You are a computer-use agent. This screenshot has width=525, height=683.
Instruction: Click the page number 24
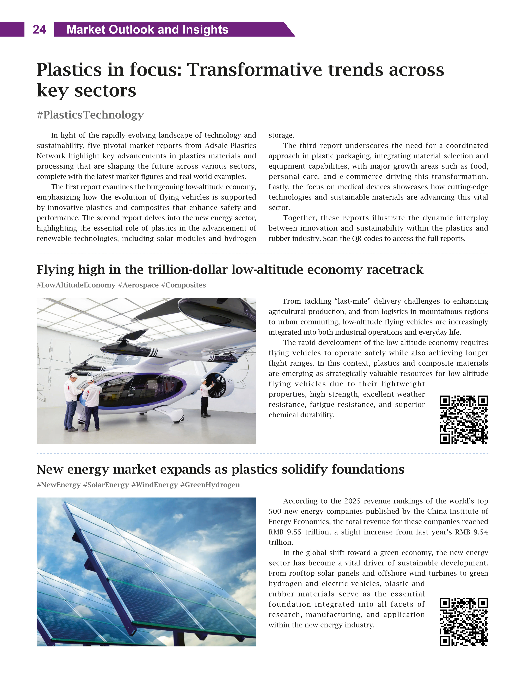click(39, 30)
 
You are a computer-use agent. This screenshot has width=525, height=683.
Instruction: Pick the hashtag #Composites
click(183, 285)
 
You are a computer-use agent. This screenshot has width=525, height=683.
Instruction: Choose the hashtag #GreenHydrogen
click(210, 485)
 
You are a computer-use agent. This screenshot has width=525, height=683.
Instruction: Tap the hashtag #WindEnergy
click(154, 485)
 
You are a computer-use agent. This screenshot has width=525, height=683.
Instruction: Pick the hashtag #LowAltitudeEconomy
click(76, 285)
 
